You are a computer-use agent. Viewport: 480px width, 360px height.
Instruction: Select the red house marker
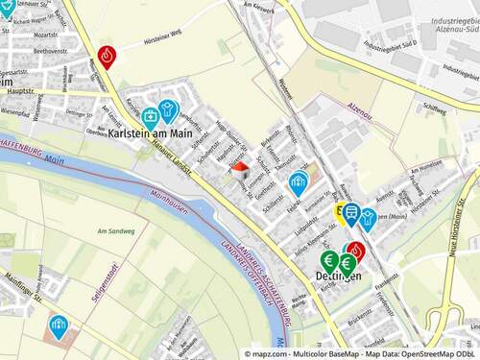(x=240, y=169)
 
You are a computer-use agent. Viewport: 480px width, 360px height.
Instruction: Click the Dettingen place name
(x=337, y=276)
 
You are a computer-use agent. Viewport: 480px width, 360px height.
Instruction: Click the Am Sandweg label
(x=114, y=231)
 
